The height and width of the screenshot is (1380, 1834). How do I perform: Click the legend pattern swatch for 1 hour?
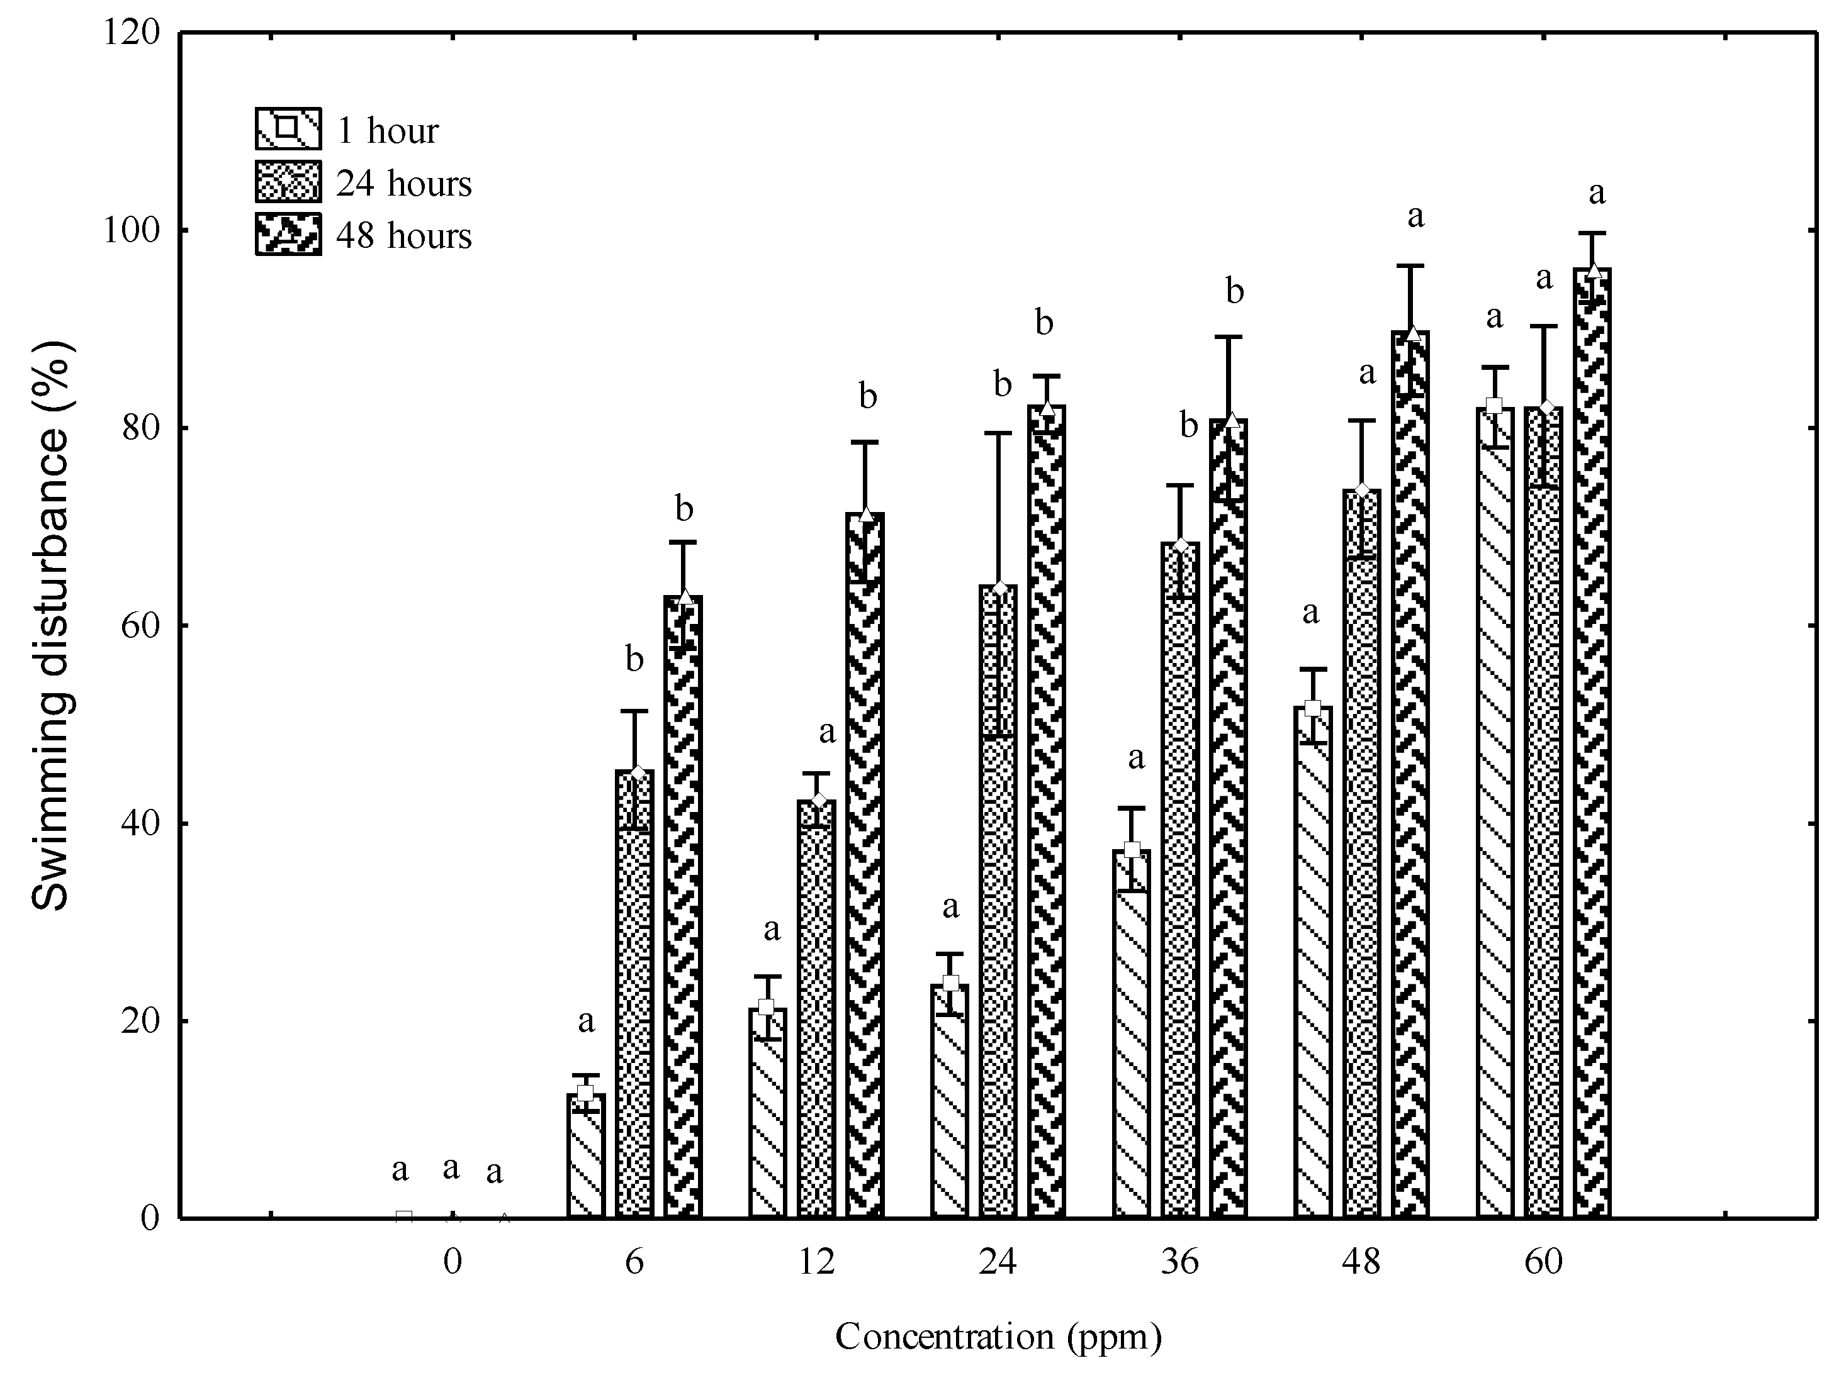point(288,128)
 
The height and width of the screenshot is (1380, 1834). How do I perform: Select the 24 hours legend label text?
point(404,183)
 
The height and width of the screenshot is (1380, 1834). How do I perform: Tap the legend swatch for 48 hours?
point(288,235)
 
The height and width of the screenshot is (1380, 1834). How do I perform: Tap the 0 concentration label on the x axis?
point(453,1262)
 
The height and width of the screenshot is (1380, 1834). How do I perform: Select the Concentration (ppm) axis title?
point(998,1336)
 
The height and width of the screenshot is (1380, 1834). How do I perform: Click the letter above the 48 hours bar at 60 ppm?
point(1596,194)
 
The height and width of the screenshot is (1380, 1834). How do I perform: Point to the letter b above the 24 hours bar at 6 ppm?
point(634,660)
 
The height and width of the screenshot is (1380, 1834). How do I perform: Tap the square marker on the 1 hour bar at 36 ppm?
point(1132,850)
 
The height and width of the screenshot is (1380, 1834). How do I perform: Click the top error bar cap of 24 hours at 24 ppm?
point(998,433)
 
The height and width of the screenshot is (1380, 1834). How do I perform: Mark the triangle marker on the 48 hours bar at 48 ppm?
point(1414,334)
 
